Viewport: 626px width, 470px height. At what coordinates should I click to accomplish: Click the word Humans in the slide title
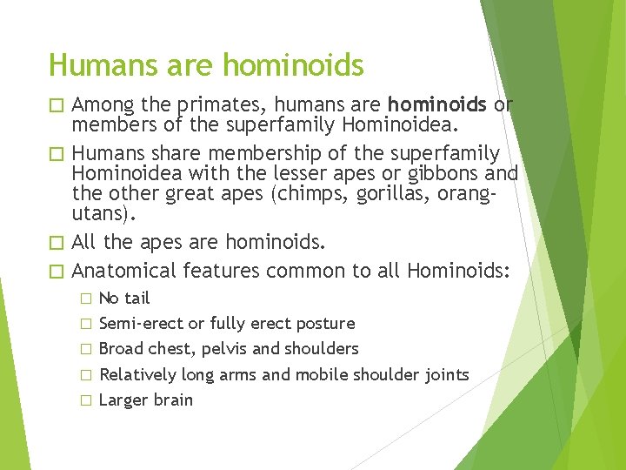(x=91, y=64)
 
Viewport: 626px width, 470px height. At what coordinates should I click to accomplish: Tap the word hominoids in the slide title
(x=294, y=64)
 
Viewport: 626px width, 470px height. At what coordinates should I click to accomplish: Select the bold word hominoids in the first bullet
(x=438, y=105)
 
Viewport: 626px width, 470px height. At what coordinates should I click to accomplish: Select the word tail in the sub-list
(x=137, y=298)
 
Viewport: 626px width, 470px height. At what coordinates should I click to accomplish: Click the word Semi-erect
(x=141, y=323)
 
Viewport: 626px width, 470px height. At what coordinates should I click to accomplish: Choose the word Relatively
(x=138, y=374)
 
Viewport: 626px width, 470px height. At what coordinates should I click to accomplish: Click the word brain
(x=173, y=399)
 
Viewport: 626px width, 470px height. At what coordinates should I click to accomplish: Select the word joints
(x=447, y=374)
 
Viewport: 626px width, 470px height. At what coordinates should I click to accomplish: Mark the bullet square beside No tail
(x=85, y=299)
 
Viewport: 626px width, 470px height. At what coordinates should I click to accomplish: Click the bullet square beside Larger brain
(x=85, y=400)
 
